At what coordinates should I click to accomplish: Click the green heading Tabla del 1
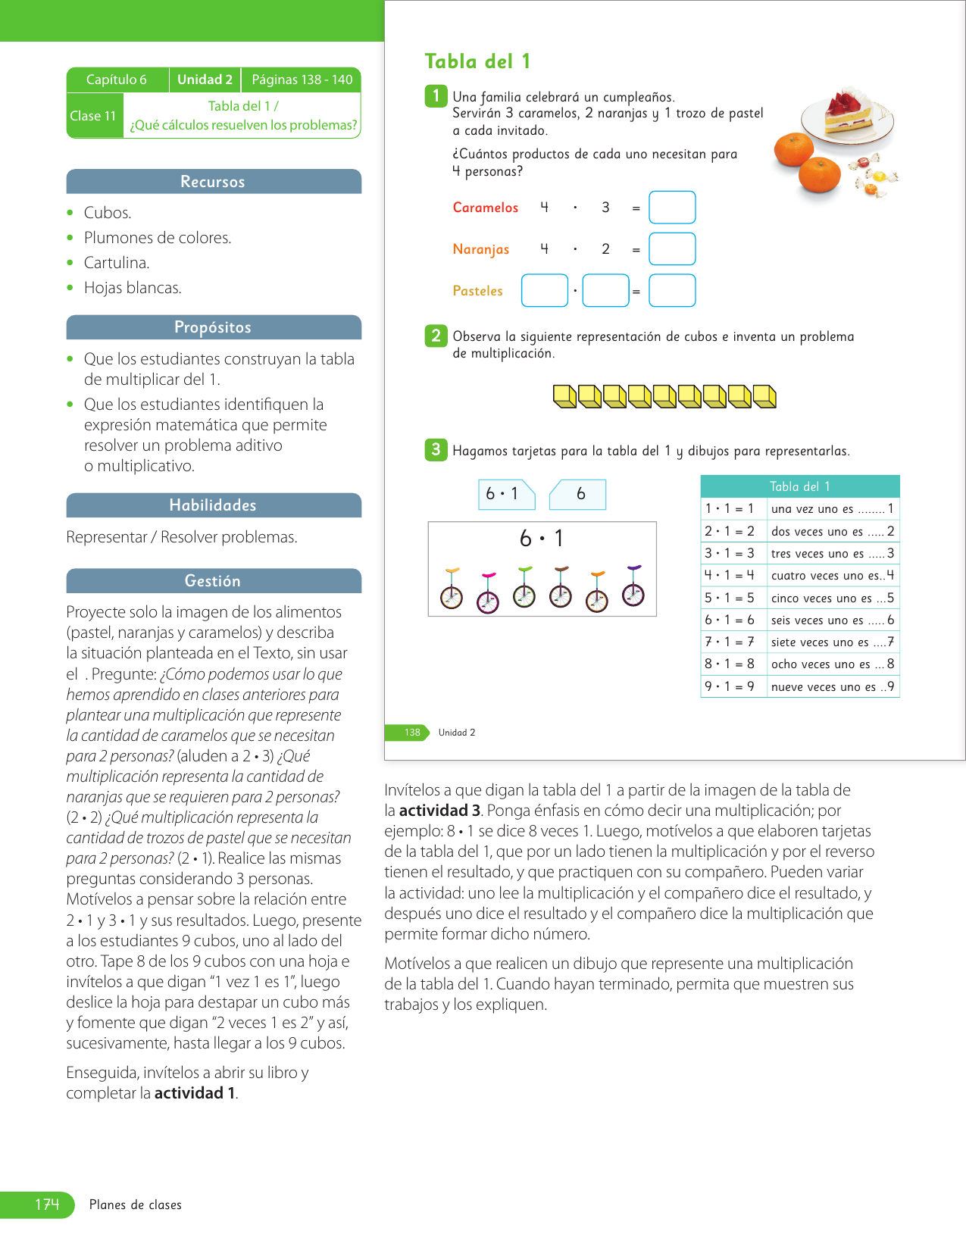[x=477, y=61]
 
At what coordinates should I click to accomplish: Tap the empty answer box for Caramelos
[x=672, y=208]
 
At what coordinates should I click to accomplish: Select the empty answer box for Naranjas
[x=672, y=249]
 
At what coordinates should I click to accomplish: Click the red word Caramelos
[x=486, y=208]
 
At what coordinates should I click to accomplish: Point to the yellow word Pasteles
[x=477, y=291]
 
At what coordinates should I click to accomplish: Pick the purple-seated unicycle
[x=633, y=586]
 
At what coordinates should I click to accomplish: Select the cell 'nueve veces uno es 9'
[x=832, y=686]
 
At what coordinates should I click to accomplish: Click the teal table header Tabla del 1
[x=800, y=486]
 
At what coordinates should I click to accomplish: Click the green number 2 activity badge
[x=436, y=336]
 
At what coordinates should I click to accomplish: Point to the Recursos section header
[x=213, y=182]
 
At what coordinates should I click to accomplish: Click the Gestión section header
[x=213, y=581]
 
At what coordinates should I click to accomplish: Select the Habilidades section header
[x=213, y=505]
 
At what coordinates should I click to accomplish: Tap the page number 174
[x=47, y=1204]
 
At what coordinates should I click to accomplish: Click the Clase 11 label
[x=93, y=116]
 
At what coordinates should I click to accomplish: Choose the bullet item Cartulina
[x=117, y=263]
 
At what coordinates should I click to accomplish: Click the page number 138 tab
[x=411, y=733]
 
